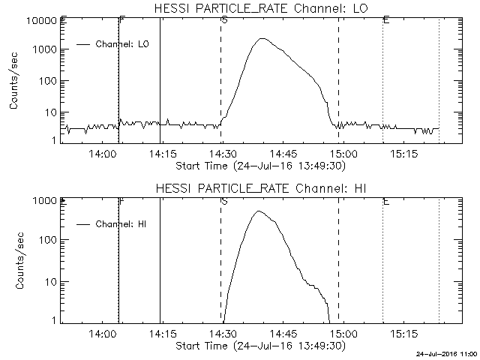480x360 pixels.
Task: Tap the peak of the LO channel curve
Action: [260, 39]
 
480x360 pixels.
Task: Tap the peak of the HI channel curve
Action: [259, 211]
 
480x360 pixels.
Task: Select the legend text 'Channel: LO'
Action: [123, 45]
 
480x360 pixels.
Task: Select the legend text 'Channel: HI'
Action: [121, 224]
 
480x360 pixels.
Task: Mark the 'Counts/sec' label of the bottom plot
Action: [15, 260]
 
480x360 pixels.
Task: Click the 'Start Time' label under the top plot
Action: [259, 166]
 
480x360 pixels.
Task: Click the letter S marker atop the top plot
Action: [224, 20]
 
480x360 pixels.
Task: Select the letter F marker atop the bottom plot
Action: [121, 201]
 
